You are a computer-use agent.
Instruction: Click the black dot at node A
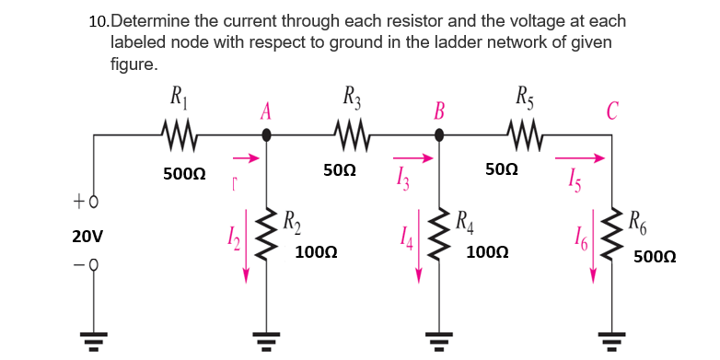pos(267,134)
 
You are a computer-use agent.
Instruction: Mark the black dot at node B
pos(439,134)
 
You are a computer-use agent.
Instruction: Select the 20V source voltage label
pos(87,237)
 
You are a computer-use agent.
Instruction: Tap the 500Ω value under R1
pos(184,174)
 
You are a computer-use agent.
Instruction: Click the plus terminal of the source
pos(93,201)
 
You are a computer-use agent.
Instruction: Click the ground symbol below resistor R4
pos(439,341)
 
